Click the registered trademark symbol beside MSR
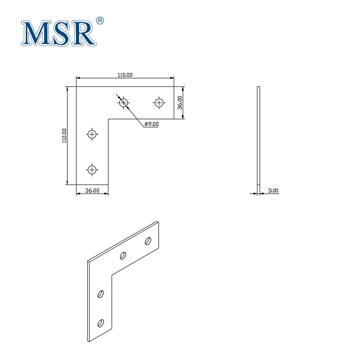pos(100,21)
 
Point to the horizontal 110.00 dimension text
pos(125,75)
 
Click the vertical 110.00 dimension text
pos(64,135)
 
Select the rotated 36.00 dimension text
pos(180,103)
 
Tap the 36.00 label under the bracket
pos(92,191)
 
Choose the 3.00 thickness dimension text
pos(273,191)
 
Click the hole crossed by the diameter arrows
pos(124,103)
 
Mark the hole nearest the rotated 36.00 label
pos(158,103)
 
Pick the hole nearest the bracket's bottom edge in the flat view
pos(92,170)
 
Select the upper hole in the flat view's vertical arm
pos(92,134)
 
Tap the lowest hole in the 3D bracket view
pos(101,323)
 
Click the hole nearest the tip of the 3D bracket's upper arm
pos(148,241)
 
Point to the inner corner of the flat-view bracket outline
pos(108,119)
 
